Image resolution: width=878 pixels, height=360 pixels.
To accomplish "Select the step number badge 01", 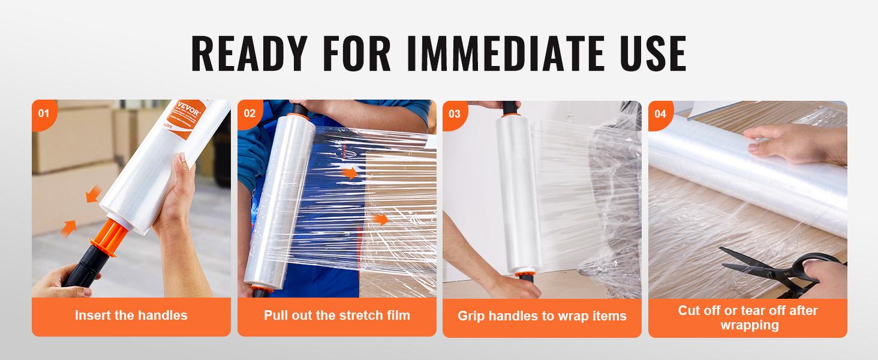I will [x=43, y=113].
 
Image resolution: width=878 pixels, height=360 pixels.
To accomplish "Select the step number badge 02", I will [x=249, y=113].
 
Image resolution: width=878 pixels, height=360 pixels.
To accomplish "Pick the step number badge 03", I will [x=455, y=113].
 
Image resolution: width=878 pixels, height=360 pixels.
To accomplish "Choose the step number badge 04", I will [x=660, y=113].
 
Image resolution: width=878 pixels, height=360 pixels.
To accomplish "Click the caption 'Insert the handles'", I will [x=131, y=315].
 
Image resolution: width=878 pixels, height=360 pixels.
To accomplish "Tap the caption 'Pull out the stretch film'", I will [x=336, y=315].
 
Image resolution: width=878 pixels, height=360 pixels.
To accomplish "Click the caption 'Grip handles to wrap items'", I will [x=542, y=316].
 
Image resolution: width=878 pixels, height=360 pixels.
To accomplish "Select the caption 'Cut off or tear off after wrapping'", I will [x=747, y=318].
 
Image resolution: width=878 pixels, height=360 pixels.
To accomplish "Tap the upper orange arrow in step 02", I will [x=350, y=174].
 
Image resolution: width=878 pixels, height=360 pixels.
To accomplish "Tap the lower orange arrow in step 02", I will [x=380, y=219].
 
